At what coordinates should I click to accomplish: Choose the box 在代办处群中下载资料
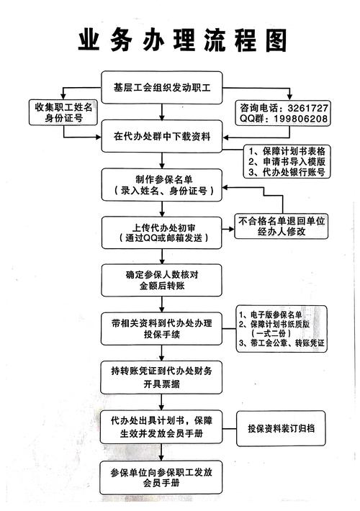tap(161, 137)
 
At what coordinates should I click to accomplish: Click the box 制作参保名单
tap(161, 185)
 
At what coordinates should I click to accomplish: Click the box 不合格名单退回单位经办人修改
tap(282, 226)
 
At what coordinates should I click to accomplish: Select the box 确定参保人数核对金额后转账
tap(161, 279)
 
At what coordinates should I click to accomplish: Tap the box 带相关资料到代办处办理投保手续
tap(161, 327)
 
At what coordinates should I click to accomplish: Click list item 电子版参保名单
tap(282, 315)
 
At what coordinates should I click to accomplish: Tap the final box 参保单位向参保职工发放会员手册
tap(161, 475)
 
